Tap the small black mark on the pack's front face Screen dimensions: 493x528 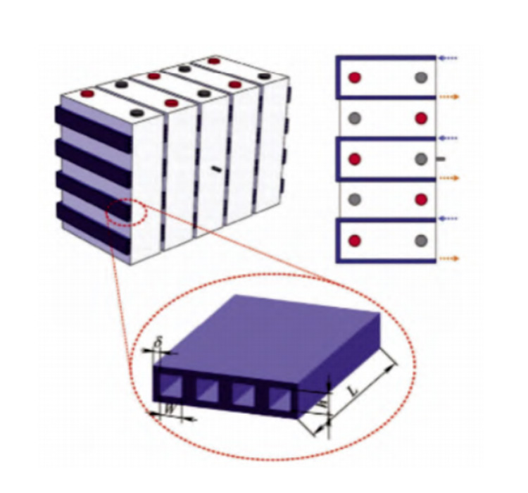point(216,168)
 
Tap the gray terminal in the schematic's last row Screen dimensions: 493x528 point(421,241)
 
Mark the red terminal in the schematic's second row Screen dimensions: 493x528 point(421,118)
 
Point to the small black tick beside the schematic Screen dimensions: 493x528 point(441,159)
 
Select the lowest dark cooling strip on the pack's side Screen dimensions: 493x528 point(92,227)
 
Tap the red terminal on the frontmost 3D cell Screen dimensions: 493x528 point(87,93)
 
